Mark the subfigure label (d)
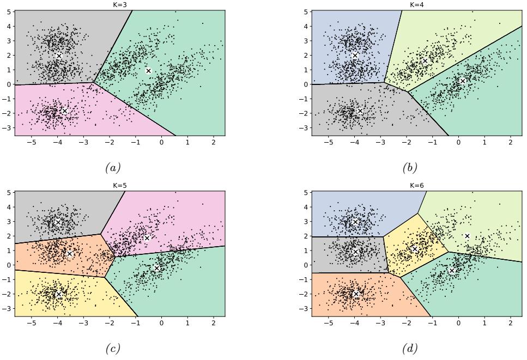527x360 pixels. click(x=409, y=346)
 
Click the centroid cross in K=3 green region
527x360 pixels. click(x=148, y=71)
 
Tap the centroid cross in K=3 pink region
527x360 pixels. click(x=64, y=111)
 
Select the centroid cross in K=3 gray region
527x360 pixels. click(x=59, y=56)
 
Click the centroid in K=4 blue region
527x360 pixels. click(x=355, y=56)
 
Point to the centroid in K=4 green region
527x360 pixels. click(x=462, y=81)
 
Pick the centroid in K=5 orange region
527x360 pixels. click(x=69, y=253)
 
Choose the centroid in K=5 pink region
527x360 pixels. click(x=147, y=237)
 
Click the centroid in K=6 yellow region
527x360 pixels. click(x=415, y=249)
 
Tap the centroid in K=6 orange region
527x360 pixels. click(x=356, y=294)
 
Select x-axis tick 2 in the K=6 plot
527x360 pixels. click(x=510, y=322)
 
